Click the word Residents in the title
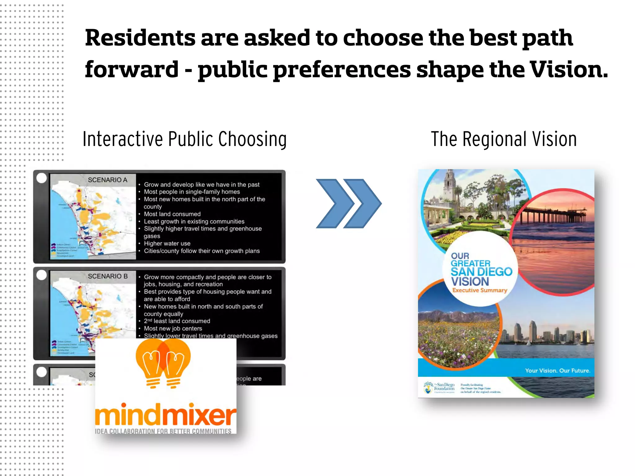point(140,38)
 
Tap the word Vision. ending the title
point(569,70)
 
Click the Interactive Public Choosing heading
point(184,139)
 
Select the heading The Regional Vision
point(504,139)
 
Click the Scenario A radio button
point(42,178)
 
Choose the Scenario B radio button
point(42,275)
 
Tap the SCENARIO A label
point(108,180)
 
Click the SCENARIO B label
point(108,276)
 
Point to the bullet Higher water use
point(167,244)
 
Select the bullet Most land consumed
point(172,214)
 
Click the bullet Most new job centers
point(173,328)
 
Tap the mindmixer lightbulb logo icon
point(163,363)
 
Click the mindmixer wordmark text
point(166,415)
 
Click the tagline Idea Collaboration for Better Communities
point(163,431)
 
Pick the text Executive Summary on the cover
point(480,290)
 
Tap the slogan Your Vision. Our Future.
point(557,371)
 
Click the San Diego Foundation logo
point(439,387)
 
